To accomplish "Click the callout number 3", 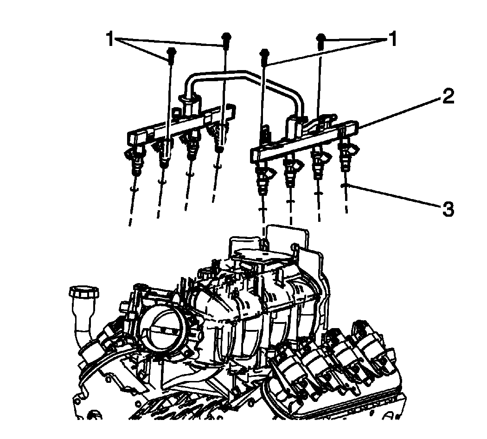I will click(x=447, y=209).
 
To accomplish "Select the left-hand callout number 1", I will click(x=110, y=39).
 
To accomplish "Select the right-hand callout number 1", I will click(x=392, y=39).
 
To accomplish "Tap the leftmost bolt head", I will click(x=171, y=54).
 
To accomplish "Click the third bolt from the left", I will click(x=264, y=54).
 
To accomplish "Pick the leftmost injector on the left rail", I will click(x=135, y=160).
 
